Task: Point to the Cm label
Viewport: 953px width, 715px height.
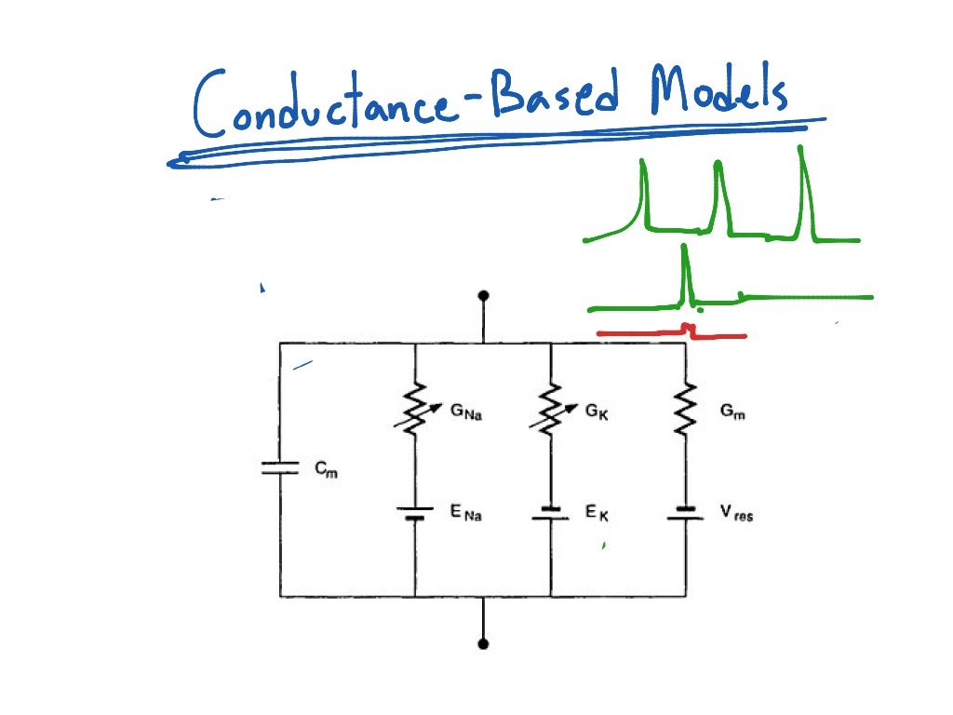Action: coord(326,470)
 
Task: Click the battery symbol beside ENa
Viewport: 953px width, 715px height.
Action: coord(414,513)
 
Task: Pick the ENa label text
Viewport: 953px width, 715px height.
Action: coord(466,513)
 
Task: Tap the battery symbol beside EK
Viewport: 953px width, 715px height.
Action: coord(551,513)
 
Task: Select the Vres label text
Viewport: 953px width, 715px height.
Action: coord(735,514)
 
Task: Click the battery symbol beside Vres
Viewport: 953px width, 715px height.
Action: coord(686,513)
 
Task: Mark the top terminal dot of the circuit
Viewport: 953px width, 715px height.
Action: coord(483,296)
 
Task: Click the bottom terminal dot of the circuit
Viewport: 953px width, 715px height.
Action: coord(483,643)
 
